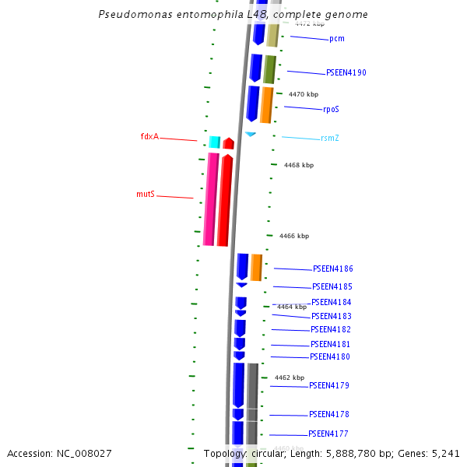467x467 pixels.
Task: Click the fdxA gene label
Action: coord(149,137)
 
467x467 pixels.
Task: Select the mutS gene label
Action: coord(146,194)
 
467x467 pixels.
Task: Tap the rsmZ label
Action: coord(330,139)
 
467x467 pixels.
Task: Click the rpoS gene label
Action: coord(332,110)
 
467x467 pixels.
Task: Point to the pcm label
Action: coord(337,39)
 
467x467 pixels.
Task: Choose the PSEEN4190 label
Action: coord(346,73)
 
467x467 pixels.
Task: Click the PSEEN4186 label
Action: coord(333,269)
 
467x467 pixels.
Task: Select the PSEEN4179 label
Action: coord(329,386)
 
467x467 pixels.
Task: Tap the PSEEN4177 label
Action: coord(328,434)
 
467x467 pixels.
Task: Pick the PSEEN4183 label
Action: coord(332,317)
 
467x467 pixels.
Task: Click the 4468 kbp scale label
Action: coord(299,165)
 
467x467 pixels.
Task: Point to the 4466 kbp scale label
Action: coord(294,236)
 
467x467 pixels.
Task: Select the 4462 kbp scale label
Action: coord(290,377)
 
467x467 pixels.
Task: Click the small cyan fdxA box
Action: coord(215,142)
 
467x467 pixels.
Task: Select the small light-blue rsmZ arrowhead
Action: coord(251,135)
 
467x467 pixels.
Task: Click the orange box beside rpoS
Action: coord(266,104)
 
